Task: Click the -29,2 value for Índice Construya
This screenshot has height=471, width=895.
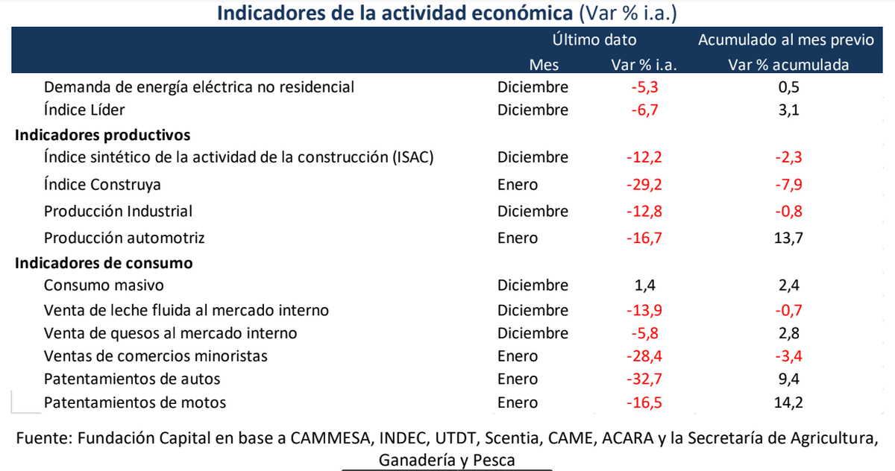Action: coord(643,184)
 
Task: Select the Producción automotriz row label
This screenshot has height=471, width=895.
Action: coord(124,238)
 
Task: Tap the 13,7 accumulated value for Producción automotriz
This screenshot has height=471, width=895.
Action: coord(788,238)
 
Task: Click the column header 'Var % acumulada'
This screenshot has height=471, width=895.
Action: coord(788,65)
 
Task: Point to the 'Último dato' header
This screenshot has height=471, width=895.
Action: coord(594,40)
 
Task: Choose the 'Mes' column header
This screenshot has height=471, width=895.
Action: coord(544,65)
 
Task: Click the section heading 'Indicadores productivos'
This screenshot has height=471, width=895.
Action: coord(103,135)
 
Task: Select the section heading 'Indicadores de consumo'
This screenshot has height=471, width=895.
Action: coord(104,262)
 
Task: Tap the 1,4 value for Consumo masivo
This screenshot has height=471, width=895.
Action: coord(644,285)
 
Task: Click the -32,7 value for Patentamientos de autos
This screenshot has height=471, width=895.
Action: coord(643,379)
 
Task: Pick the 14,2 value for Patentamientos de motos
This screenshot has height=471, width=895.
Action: coord(788,402)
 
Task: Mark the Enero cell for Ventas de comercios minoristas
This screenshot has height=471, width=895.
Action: coord(517,355)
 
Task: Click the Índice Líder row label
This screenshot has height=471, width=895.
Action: coord(84,110)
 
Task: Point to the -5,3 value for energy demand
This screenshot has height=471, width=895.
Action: coord(643,86)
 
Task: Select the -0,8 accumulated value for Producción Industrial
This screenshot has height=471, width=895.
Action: coord(788,211)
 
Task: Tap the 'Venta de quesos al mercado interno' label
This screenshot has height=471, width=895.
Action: coord(170,332)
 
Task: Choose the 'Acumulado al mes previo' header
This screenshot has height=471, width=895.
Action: coord(785,40)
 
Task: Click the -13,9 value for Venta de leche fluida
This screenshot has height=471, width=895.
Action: coord(643,309)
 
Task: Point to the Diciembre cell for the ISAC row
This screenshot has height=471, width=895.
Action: coord(533,157)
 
